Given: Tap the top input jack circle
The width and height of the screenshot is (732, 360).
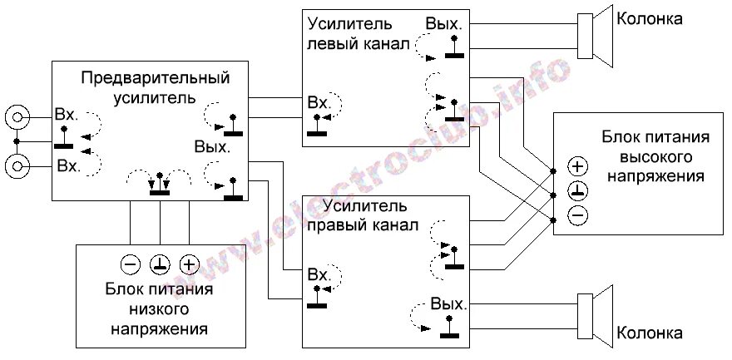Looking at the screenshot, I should pos(16,117).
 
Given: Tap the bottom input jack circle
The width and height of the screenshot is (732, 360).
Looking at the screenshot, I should pos(16,166).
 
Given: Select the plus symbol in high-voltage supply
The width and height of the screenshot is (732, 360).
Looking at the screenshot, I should pos(578,165).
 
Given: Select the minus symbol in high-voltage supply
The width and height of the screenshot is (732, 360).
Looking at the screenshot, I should pos(578,215).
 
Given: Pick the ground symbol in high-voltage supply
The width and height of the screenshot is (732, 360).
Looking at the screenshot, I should pos(578,190).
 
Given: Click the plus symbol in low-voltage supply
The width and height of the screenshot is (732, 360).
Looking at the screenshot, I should pos(190,264).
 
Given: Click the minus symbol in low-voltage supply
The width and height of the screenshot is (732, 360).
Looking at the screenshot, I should pos(131,264).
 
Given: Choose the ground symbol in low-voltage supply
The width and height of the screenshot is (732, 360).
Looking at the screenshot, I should pos(160,264).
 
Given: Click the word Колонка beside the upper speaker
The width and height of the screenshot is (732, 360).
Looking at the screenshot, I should pos(650,18).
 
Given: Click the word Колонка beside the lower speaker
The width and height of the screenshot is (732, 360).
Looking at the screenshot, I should pos(650,334).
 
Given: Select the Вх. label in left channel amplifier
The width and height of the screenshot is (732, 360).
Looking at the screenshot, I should pos(319,103).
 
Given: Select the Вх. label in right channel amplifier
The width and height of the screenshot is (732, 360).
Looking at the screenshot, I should pos(319,275).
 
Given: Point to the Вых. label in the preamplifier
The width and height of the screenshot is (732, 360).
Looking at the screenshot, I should pos(212,146).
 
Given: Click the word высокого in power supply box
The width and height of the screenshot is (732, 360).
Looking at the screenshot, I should pos(656,156).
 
